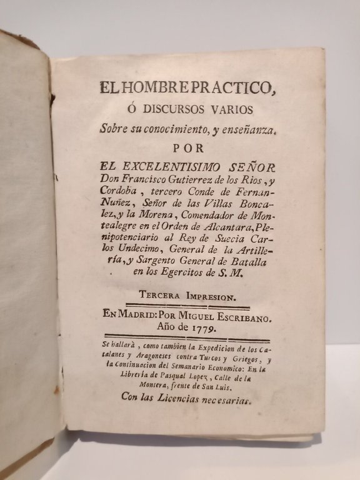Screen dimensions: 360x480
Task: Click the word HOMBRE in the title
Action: coord(147,87)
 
